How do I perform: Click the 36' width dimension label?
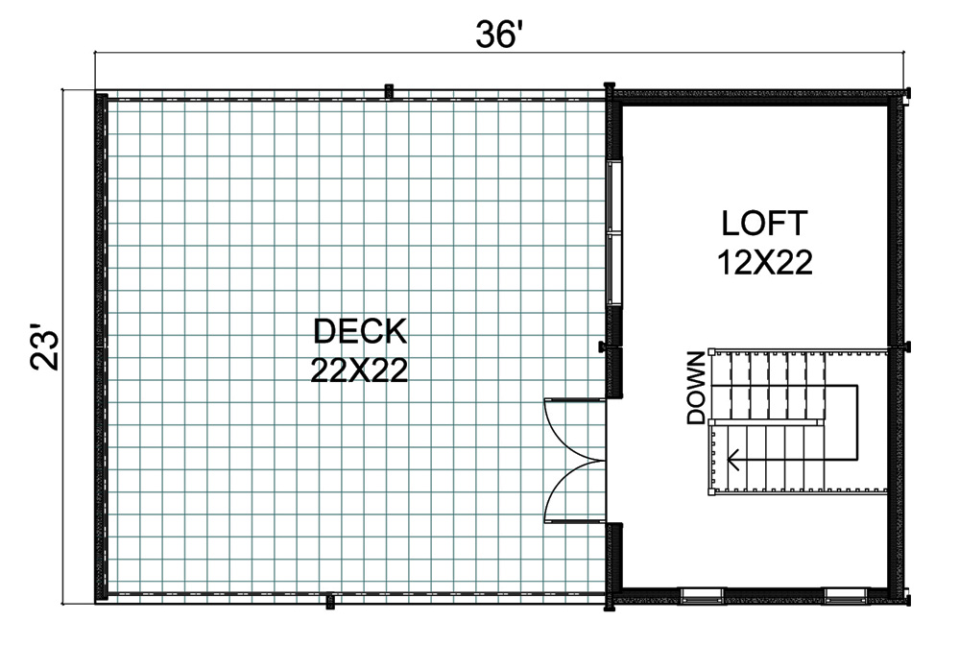[x=499, y=35]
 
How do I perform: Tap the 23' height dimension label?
[x=45, y=349]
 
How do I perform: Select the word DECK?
[x=360, y=331]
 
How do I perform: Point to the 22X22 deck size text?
[x=359, y=370]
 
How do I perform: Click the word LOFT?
[x=764, y=224]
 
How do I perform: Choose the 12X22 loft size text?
[x=764, y=262]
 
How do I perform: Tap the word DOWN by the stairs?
[x=696, y=388]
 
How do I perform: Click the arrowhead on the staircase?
[x=732, y=460]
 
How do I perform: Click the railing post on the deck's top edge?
[x=389, y=91]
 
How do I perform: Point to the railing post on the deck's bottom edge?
[x=330, y=602]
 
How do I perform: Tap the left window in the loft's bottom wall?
[x=702, y=595]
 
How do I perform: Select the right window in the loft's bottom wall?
[x=846, y=595]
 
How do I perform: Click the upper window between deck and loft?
[x=614, y=197]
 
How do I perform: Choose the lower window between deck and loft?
[x=614, y=269]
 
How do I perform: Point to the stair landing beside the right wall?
[x=856, y=421]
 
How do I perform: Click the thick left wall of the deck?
[x=101, y=347]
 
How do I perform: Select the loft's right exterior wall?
[x=896, y=347]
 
